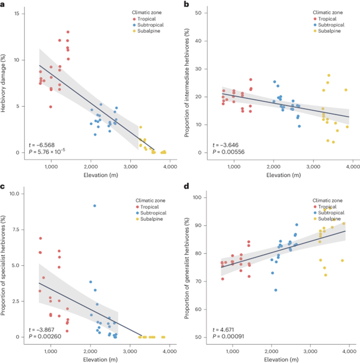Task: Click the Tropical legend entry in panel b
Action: [x=326, y=19]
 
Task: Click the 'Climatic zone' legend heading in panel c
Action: [x=151, y=200]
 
